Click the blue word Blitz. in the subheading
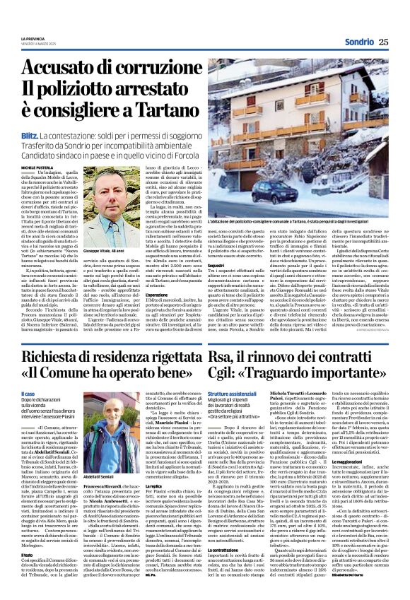30,134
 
